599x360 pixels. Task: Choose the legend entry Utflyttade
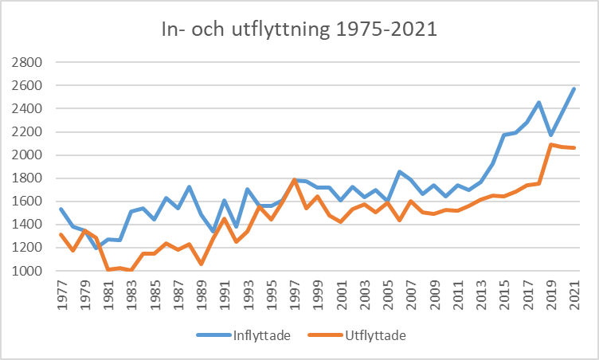point(374,335)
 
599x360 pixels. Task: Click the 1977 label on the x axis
point(61,294)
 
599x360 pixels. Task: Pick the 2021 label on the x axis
point(574,294)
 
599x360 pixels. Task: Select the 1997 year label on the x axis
point(295,294)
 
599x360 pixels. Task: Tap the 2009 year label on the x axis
point(434,294)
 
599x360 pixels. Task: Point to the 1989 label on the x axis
point(202,294)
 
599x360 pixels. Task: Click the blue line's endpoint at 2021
point(574,88)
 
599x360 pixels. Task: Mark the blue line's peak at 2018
point(539,102)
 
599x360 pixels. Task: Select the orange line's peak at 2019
point(550,144)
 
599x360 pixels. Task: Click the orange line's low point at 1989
point(202,264)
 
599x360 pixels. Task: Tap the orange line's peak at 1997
point(295,180)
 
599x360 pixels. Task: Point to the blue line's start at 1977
point(61,209)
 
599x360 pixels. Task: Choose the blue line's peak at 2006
point(399,171)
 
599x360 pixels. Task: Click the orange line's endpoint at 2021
point(574,148)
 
